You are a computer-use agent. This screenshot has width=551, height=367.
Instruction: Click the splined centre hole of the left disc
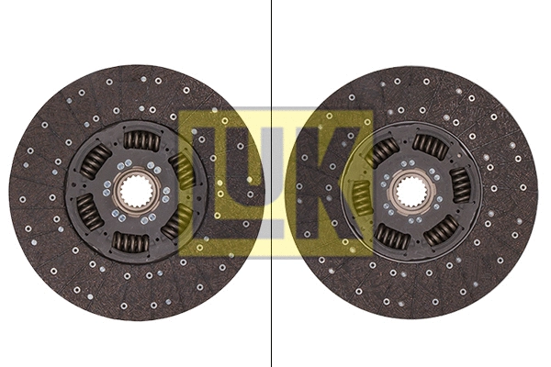point(139,192)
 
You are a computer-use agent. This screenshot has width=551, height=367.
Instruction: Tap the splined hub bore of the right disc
point(410,192)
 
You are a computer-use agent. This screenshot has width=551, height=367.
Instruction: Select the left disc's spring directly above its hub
point(141,140)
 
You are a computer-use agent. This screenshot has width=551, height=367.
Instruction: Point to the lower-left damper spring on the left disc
point(90,213)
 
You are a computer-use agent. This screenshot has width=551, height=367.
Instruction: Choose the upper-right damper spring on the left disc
point(184,169)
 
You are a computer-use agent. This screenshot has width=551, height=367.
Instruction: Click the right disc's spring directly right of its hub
point(460,185)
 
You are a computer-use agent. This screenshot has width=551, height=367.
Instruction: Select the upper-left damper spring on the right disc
point(383,151)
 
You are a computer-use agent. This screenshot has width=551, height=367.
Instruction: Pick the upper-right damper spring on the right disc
point(430,145)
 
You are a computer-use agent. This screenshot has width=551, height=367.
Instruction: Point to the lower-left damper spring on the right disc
point(392,237)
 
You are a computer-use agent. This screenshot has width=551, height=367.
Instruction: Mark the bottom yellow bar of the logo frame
point(275,251)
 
